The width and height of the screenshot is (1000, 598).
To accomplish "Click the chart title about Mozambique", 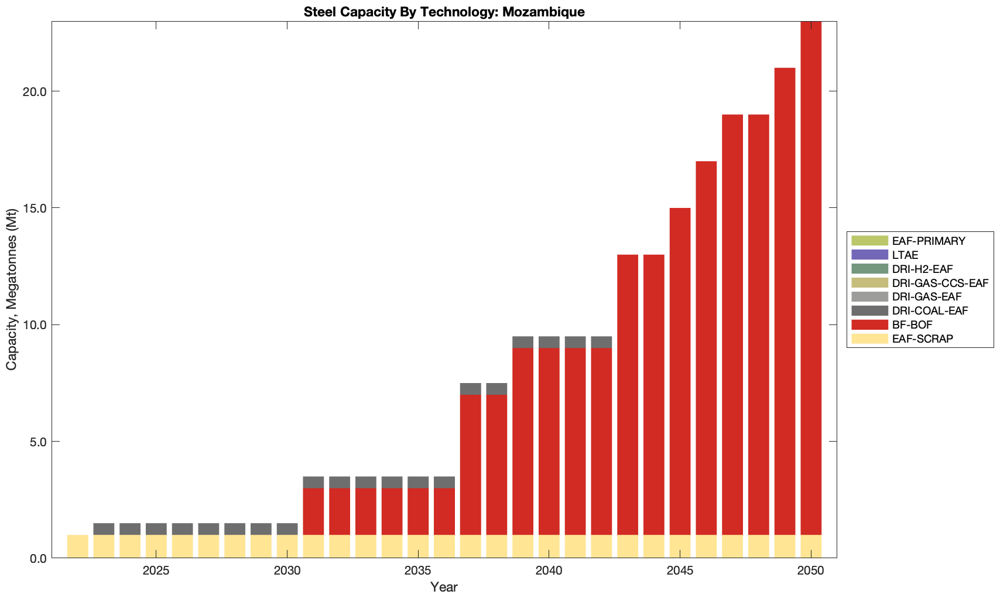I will [x=444, y=12].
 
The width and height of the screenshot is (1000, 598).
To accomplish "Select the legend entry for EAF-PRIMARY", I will [x=928, y=241].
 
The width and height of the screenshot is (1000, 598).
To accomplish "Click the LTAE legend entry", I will [x=905, y=255].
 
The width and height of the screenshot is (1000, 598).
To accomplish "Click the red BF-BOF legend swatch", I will [x=869, y=324].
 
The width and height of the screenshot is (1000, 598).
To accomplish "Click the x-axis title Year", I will [x=444, y=587].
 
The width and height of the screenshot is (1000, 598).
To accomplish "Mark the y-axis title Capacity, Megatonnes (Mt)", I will [x=12, y=290].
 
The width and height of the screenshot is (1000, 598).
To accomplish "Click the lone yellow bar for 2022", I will [x=78, y=546].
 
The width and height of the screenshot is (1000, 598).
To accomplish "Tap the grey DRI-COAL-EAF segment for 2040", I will [x=549, y=342].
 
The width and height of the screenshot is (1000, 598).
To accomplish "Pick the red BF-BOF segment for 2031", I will [x=313, y=511].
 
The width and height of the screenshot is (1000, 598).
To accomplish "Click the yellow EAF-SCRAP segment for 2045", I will [x=680, y=546].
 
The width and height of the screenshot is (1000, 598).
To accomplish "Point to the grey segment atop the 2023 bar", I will [x=104, y=529].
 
